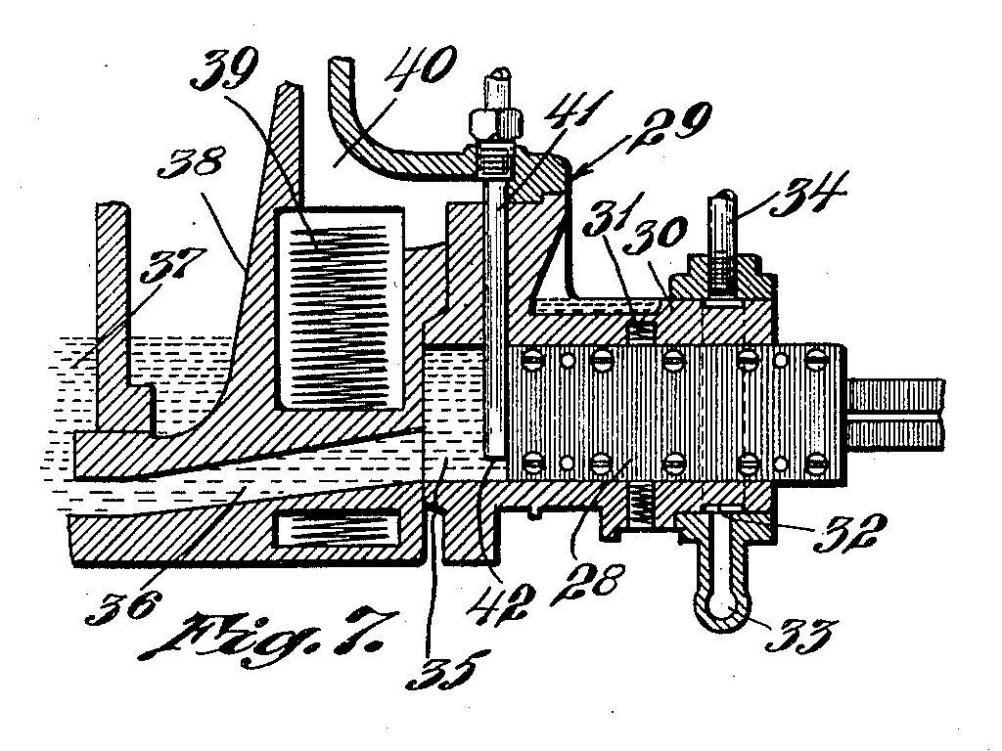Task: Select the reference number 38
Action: click(191, 163)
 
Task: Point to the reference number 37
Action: click(173, 264)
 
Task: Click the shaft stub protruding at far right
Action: click(895, 413)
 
